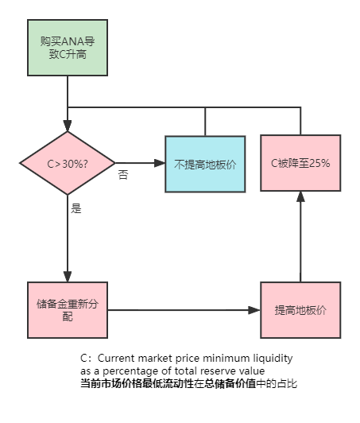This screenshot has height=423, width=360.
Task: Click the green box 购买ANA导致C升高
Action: click(x=68, y=48)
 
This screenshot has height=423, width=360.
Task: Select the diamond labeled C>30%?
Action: click(x=68, y=163)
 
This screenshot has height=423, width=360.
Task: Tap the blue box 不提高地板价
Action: click(x=205, y=164)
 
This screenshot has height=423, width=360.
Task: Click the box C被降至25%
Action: click(x=300, y=163)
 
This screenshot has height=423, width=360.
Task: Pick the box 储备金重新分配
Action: click(x=68, y=310)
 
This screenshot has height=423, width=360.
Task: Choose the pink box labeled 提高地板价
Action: click(x=300, y=310)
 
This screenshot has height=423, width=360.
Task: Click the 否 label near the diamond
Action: click(x=123, y=175)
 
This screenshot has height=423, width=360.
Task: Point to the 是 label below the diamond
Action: click(x=76, y=208)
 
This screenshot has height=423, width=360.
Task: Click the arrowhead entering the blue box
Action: click(x=160, y=163)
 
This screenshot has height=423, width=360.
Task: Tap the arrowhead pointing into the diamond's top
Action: click(x=68, y=126)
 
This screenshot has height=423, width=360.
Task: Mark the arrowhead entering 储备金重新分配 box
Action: click(x=68, y=277)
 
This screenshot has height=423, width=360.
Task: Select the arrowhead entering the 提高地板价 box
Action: click(x=254, y=310)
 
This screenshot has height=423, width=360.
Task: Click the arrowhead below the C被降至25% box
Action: click(x=300, y=197)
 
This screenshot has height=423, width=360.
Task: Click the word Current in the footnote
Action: click(x=116, y=359)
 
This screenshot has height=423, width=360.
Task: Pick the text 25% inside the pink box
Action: click(x=319, y=163)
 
